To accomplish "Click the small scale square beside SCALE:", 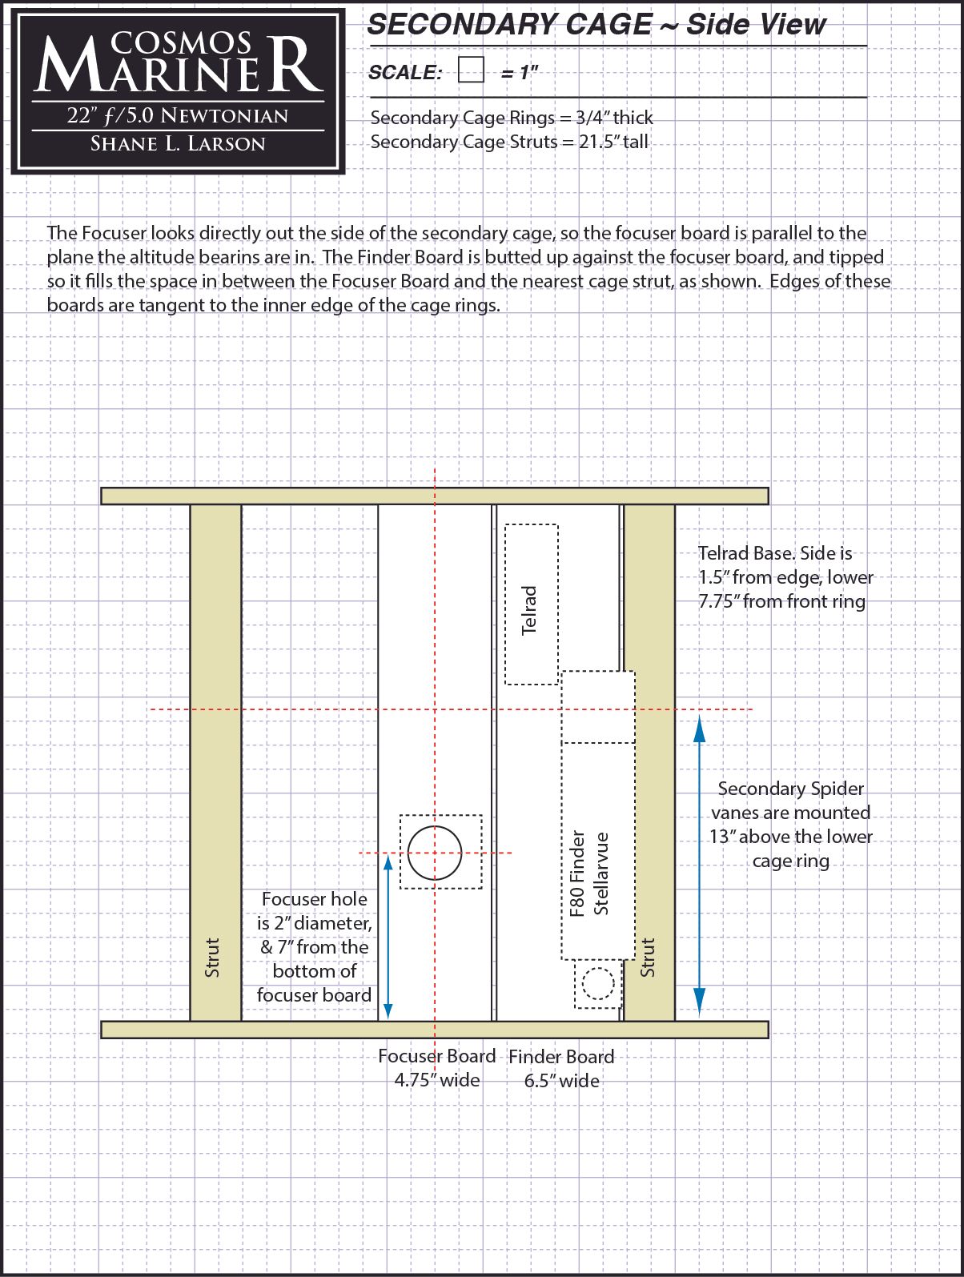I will tap(472, 70).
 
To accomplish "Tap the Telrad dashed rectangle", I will tap(531, 604).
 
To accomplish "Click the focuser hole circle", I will tap(435, 852).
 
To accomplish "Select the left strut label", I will tap(212, 957).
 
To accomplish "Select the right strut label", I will tap(648, 957).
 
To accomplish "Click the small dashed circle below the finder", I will tap(597, 984).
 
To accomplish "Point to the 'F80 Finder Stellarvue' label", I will tap(589, 873).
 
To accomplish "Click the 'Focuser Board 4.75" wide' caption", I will tap(437, 1068).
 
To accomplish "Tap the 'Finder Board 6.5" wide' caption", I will tap(561, 1069).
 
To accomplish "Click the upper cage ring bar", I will tap(435, 496).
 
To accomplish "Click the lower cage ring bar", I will tap(435, 1030).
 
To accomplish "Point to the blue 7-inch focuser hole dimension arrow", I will tap(388, 937).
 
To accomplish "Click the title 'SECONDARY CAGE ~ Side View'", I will tap(596, 25).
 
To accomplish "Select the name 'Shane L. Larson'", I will tap(178, 144).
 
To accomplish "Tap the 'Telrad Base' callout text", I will tap(785, 577).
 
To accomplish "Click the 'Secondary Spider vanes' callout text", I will tap(790, 825).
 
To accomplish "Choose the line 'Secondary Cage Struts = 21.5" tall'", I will tap(509, 143).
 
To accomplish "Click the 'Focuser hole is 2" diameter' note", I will tap(314, 947).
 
